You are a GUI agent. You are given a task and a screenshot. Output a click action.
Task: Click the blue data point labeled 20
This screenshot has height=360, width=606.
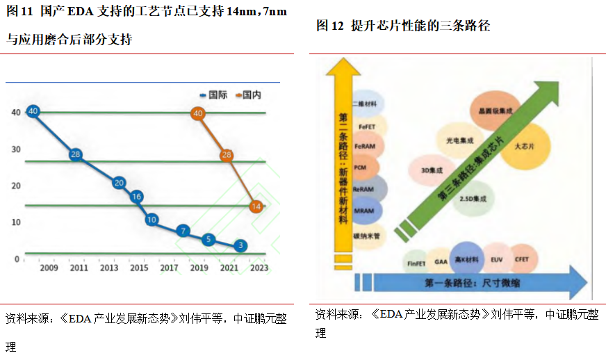pos(119,183)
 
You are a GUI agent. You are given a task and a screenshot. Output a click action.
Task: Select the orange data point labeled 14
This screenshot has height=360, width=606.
pos(256,206)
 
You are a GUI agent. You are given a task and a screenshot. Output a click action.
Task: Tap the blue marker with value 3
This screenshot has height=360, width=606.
pos(240,245)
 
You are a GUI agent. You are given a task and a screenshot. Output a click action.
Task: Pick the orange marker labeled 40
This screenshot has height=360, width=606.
pos(198,113)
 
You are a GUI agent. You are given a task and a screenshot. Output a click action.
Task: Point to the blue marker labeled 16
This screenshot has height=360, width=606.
pos(137,197)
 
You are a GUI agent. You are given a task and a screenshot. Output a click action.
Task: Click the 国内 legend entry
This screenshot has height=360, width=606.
pos(248,95)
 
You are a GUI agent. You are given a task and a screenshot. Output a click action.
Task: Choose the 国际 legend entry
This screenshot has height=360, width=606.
pos(213,95)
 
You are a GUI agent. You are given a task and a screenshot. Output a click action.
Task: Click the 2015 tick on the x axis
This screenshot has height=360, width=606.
pos(139,268)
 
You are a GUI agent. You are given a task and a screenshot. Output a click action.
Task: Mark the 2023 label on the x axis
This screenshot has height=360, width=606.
pos(259,268)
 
